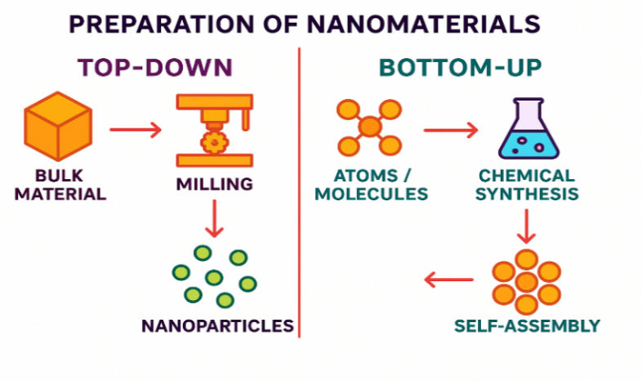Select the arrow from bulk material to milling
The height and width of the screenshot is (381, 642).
[136, 129]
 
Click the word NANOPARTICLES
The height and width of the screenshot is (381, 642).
[217, 325]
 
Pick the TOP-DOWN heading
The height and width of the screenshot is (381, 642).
[155, 67]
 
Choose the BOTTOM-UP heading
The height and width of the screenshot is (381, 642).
[461, 67]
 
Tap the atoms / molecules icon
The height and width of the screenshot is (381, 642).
[370, 128]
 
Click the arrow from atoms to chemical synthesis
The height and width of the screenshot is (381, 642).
[450, 128]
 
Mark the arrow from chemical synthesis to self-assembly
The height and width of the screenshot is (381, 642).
[527, 225]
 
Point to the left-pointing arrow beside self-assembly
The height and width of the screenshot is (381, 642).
[448, 281]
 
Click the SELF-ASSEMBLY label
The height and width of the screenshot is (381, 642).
[527, 325]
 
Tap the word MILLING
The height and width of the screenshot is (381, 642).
[214, 183]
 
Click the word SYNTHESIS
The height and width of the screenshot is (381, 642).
[527, 195]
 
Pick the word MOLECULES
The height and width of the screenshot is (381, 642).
[372, 195]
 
